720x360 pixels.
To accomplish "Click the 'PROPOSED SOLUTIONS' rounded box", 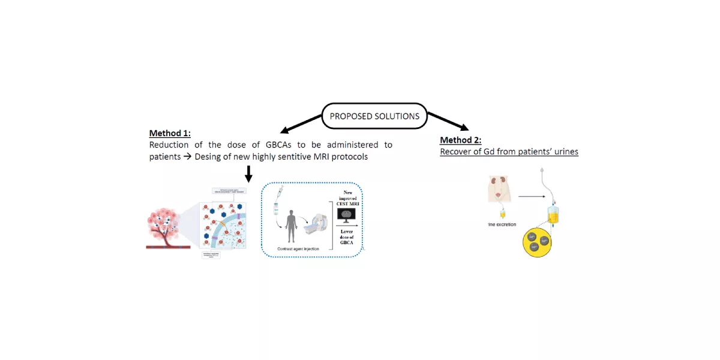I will pos(374,116).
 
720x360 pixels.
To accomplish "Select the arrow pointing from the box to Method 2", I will pos(448,120).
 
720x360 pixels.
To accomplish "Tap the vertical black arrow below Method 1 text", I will pos(248,172).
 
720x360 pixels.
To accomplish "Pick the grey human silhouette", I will pos(292,226).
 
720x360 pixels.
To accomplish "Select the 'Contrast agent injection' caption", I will pos(298,247).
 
